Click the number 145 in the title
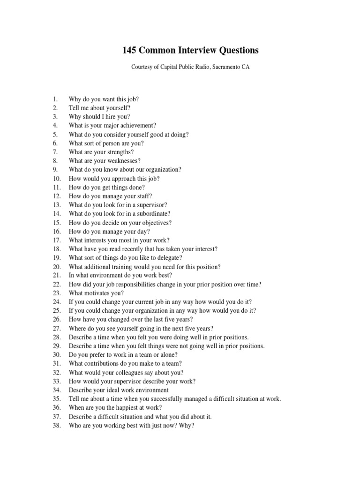tap(132, 50)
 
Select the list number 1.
tap(55, 99)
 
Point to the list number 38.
tap(57, 426)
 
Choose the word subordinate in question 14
tap(152, 214)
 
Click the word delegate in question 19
tap(169, 258)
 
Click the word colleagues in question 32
tap(119, 373)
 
